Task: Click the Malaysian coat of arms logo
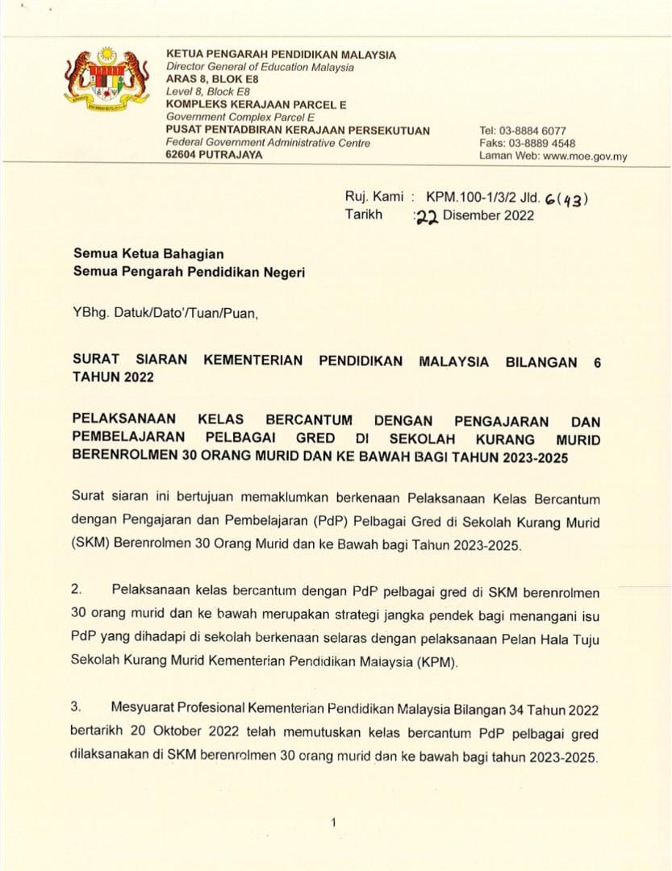click(106, 78)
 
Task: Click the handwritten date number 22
click(426, 217)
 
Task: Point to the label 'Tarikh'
click(364, 215)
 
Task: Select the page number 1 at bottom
click(332, 822)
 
